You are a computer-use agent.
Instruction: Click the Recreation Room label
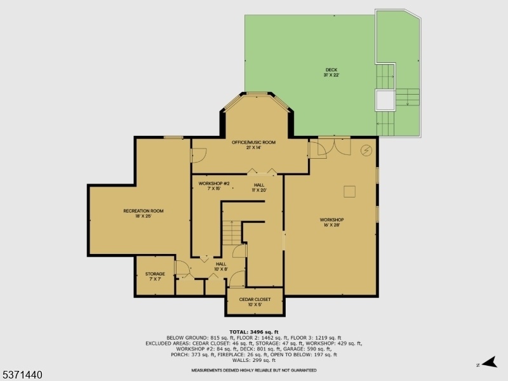[x=144, y=213]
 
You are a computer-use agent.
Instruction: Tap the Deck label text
[x=331, y=72]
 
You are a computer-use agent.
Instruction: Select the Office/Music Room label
[x=253, y=145]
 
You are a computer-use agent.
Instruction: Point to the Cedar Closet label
[x=255, y=302]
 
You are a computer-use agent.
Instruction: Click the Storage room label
[x=155, y=276]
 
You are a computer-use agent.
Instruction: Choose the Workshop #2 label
[x=214, y=186]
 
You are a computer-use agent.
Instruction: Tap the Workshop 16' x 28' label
[x=331, y=222]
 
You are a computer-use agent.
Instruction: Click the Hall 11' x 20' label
[x=259, y=187]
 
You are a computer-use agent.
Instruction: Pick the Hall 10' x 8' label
[x=221, y=266]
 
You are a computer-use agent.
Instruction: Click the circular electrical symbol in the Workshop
[x=366, y=150]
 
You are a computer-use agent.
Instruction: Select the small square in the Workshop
[x=349, y=191]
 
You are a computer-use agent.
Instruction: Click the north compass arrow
[x=489, y=362]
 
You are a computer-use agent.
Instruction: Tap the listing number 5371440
[x=22, y=375]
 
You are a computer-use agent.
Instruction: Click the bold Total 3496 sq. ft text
[x=253, y=331]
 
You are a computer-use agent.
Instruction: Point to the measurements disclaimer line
[x=253, y=370]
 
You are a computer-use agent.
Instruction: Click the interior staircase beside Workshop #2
[x=232, y=232]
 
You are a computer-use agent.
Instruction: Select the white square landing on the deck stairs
[x=385, y=100]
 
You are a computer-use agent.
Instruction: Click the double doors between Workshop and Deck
[x=335, y=147]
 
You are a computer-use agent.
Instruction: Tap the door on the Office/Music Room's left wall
[x=198, y=156]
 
